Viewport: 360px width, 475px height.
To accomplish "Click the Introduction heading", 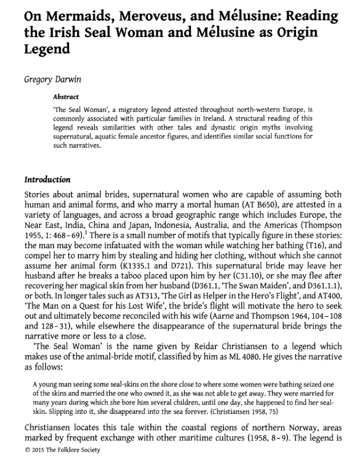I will click(x=47, y=179).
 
